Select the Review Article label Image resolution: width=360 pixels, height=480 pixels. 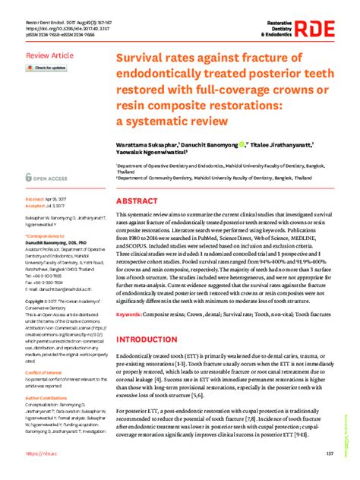[x=50, y=56]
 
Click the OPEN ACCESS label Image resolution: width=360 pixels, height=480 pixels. [x=49, y=175]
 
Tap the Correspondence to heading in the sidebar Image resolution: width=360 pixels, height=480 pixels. [x=46, y=236]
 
